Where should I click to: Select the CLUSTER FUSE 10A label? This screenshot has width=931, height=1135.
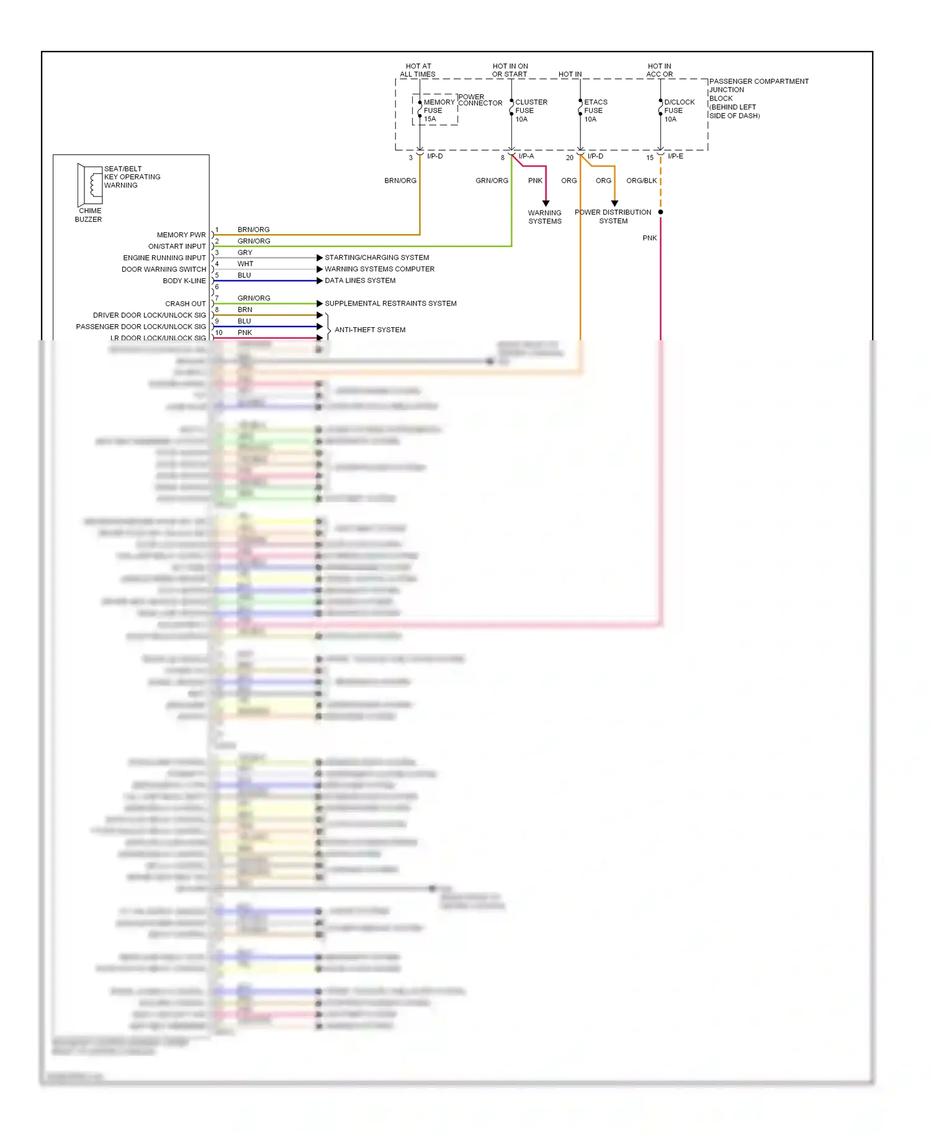pos(531,111)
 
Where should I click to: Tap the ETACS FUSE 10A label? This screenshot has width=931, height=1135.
pos(595,111)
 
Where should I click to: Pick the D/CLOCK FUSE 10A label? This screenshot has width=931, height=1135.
pos(678,111)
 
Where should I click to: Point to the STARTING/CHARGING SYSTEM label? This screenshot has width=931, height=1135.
pos(377,258)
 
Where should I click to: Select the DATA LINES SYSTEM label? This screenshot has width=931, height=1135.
pos(360,281)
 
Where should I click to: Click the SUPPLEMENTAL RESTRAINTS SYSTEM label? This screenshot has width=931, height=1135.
pos(390,304)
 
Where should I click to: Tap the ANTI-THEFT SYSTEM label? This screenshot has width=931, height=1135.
pos(370,330)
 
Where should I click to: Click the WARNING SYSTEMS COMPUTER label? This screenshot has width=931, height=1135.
pos(379,269)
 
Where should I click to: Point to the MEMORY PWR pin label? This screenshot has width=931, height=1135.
pos(181,235)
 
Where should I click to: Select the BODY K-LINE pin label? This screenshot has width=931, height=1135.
pos(184,281)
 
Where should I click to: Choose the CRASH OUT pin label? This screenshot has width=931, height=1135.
pos(186,304)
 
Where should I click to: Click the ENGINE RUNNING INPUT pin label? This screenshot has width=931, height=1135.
pos(164,258)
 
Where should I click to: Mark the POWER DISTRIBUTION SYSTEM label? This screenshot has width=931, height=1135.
pos(613,217)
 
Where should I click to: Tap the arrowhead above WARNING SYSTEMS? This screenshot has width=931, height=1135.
pos(546,203)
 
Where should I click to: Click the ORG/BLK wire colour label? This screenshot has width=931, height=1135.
pos(641,181)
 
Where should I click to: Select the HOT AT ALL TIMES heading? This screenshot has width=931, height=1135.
pos(418,70)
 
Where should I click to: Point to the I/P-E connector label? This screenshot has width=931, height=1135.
pos(675,156)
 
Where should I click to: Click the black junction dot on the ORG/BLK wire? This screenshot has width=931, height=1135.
pos(660,212)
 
